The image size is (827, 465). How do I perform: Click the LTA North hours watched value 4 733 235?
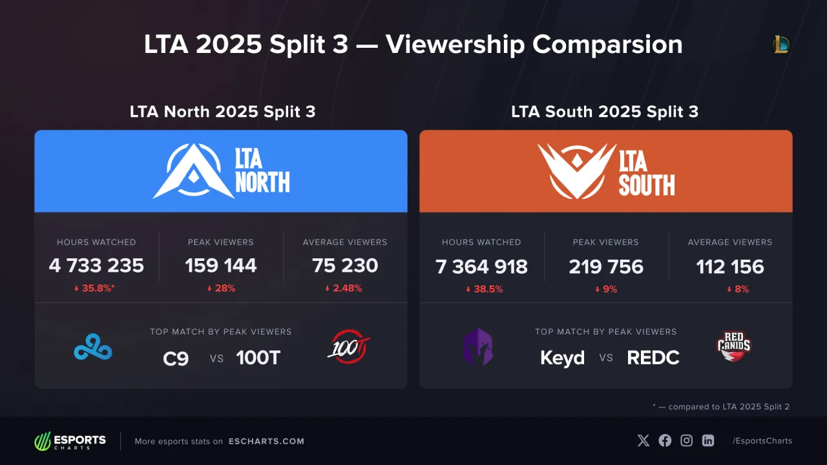tap(96, 265)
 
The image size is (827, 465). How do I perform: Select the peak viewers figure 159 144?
tap(221, 265)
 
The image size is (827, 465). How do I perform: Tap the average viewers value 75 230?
tap(345, 265)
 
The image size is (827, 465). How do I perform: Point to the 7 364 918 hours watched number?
tap(481, 267)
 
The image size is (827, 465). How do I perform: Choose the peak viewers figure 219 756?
tap(606, 267)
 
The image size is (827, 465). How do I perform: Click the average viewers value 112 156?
tap(730, 267)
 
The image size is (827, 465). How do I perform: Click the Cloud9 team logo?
tap(92, 347)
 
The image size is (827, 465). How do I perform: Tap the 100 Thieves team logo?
tap(349, 347)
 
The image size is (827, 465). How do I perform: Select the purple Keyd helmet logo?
tap(477, 347)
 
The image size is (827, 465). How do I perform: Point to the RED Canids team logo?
tap(734, 346)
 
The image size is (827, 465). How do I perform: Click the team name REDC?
tap(653, 358)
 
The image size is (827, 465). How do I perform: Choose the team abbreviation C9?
tap(176, 358)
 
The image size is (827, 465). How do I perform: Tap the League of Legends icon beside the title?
tap(781, 45)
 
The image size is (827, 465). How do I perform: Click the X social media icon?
tap(644, 440)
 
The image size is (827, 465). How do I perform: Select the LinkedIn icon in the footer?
tap(708, 440)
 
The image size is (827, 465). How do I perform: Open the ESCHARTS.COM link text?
tap(266, 442)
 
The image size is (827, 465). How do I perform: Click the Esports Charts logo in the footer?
tap(70, 441)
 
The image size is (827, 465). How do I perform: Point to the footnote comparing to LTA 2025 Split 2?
tap(721, 407)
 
